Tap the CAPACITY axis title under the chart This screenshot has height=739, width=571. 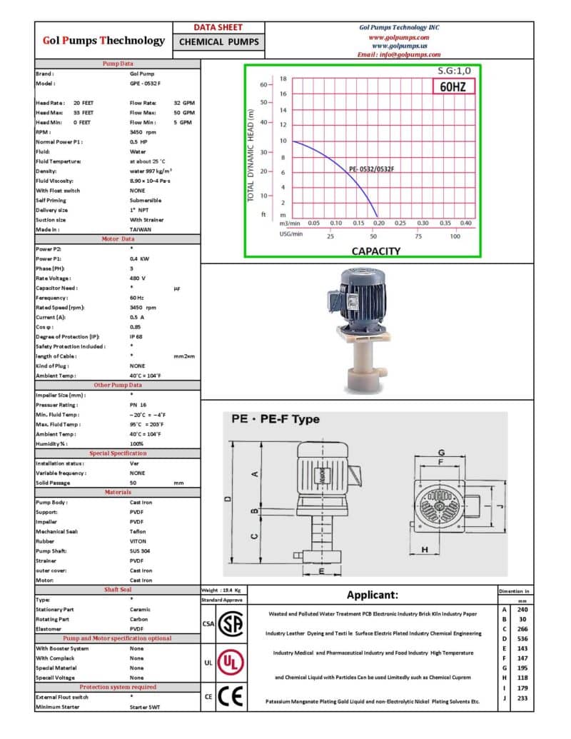(x=375, y=251)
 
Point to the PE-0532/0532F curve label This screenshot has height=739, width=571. (x=371, y=169)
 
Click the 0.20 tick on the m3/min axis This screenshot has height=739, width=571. (x=378, y=223)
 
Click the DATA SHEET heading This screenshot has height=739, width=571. (x=218, y=27)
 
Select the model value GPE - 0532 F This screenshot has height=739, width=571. (x=145, y=84)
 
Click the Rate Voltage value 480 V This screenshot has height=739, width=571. (x=138, y=278)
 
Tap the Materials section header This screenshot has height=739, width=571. (x=118, y=492)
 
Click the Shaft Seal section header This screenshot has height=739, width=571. (x=118, y=590)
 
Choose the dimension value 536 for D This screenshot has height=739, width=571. (x=522, y=639)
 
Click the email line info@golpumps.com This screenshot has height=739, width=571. (x=399, y=54)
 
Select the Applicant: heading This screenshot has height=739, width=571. (x=372, y=595)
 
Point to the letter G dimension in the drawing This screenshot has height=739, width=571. (x=442, y=453)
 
